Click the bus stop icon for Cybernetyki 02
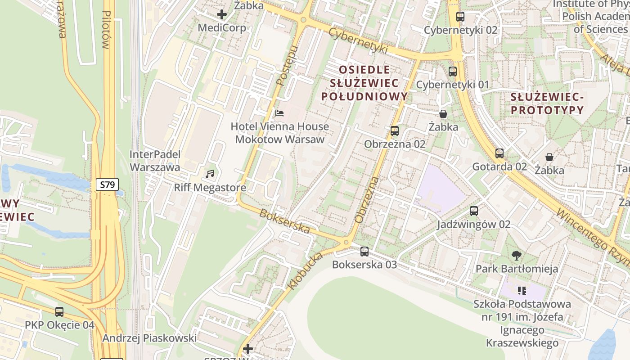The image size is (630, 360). (460, 17)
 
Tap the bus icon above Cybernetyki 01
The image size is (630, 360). (453, 71)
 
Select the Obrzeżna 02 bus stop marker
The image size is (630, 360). (395, 131)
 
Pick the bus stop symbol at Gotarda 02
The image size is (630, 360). (499, 153)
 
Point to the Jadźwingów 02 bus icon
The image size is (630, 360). (474, 211)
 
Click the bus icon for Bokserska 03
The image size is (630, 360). (364, 252)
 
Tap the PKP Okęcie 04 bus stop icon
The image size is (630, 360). (59, 311)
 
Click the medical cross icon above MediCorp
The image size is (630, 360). (222, 14)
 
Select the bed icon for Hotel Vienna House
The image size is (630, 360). (279, 113)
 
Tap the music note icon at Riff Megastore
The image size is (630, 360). (210, 174)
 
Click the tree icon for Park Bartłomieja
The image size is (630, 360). (517, 256)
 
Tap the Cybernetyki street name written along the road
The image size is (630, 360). (358, 41)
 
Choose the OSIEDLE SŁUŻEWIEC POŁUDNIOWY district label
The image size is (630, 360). (364, 83)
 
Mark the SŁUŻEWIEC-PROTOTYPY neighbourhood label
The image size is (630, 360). (547, 103)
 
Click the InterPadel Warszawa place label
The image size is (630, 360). (155, 161)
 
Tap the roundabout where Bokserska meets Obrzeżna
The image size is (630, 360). (346, 243)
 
